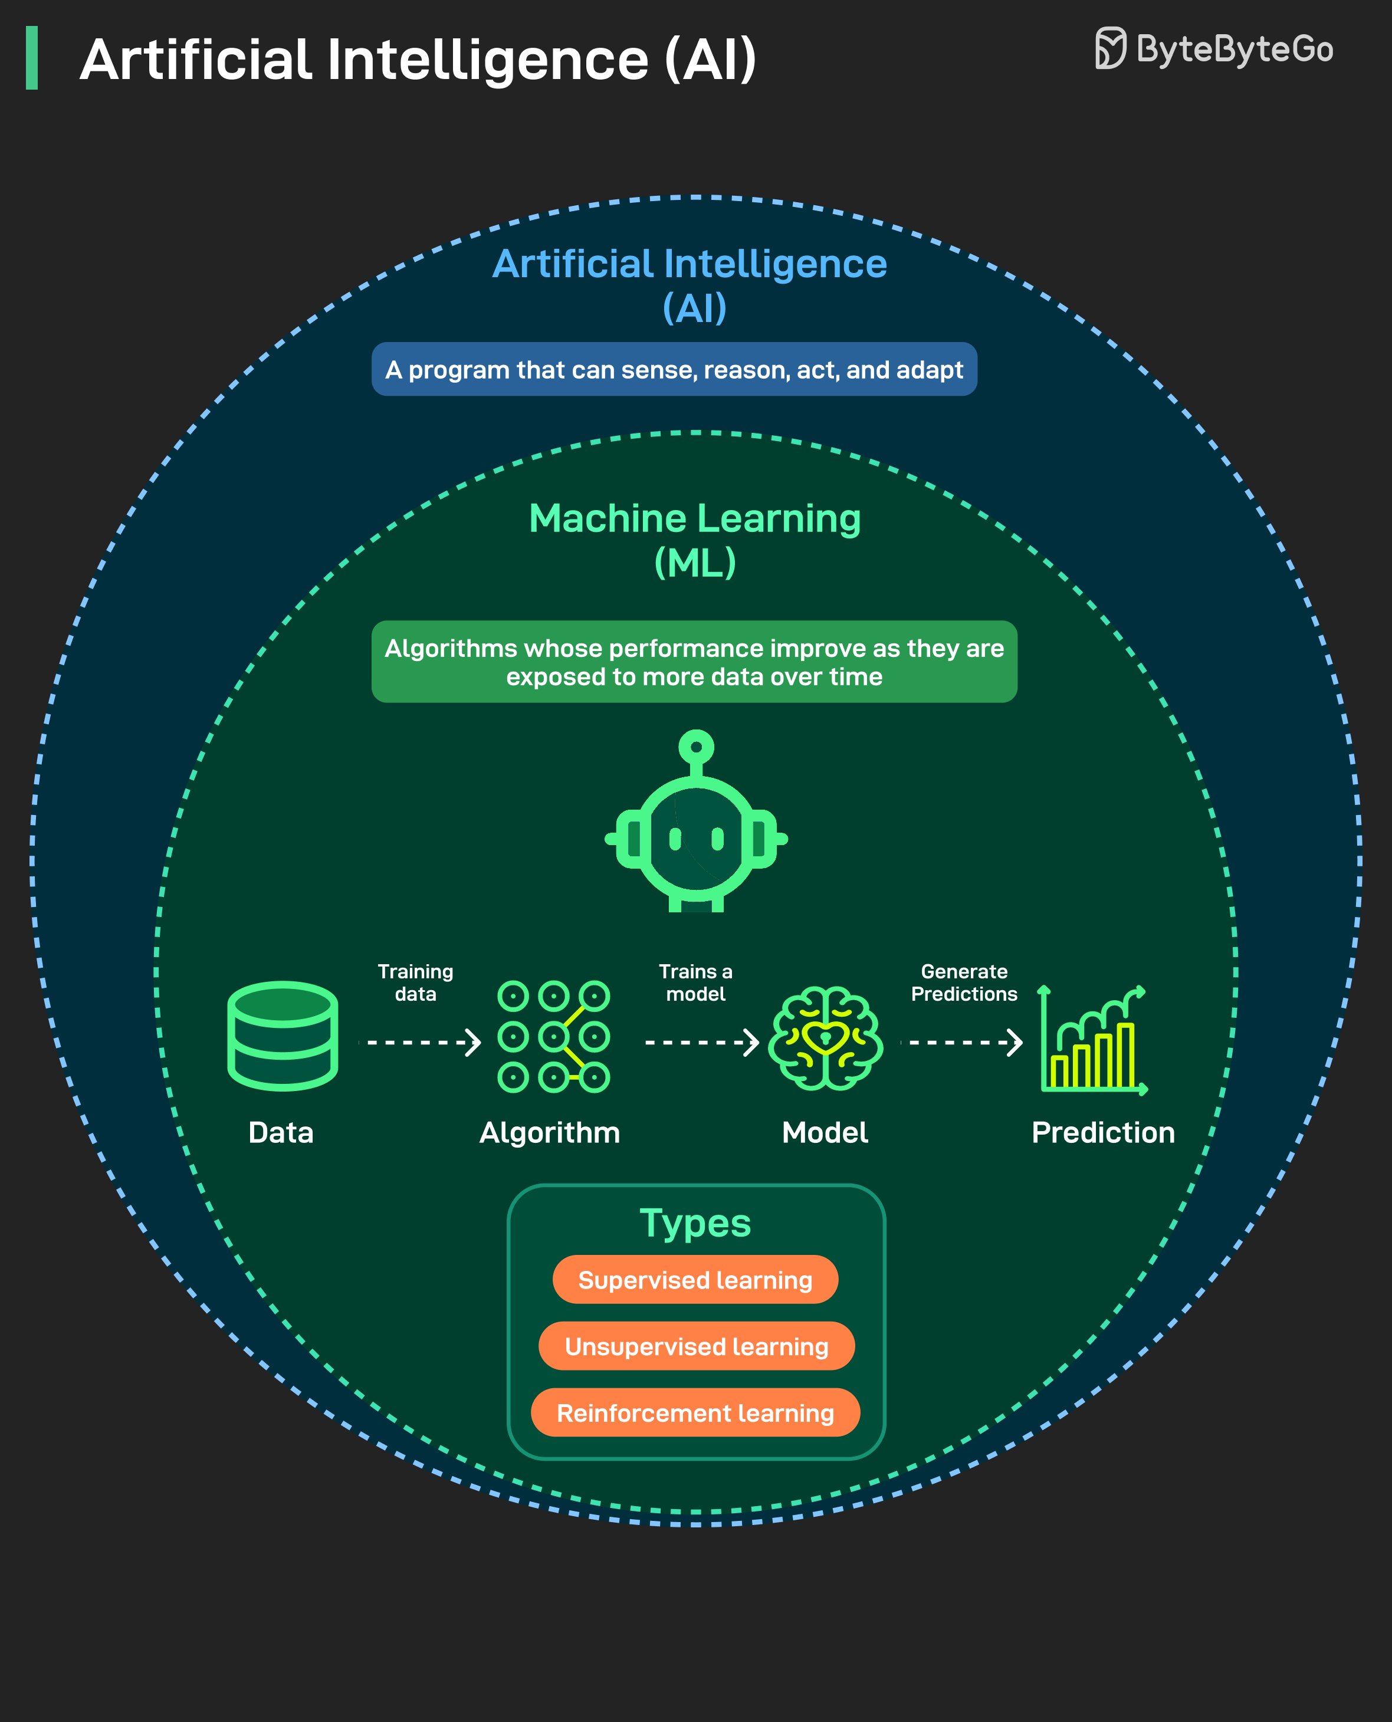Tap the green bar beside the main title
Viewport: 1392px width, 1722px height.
(32, 58)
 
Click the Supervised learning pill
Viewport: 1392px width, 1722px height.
(695, 1280)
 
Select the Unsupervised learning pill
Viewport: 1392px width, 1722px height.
(696, 1347)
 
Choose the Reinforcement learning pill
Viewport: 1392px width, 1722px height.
(695, 1414)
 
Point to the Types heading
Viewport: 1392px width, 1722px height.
(695, 1223)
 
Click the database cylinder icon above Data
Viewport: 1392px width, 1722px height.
(283, 1036)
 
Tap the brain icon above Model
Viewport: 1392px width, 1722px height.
(825, 1038)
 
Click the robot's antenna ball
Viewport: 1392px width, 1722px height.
(696, 747)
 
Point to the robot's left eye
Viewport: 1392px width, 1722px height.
(675, 839)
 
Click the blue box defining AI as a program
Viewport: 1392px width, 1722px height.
(674, 370)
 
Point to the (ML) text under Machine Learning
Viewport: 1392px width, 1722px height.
(695, 563)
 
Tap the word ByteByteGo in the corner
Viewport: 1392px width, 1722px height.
(1235, 50)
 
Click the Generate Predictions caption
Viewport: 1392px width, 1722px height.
(964, 983)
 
